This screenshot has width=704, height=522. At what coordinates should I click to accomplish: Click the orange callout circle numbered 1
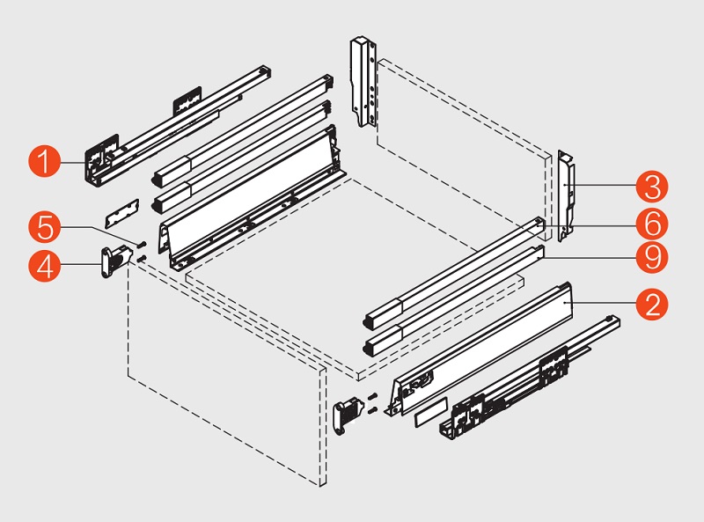pyautogui.click(x=45, y=162)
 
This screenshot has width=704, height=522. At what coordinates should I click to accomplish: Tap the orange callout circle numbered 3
pyautogui.click(x=652, y=187)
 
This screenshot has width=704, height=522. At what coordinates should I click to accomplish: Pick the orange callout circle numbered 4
pyautogui.click(x=45, y=266)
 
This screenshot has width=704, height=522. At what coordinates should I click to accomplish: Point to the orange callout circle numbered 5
pyautogui.click(x=45, y=227)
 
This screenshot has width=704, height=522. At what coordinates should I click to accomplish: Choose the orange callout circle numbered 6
pyautogui.click(x=652, y=224)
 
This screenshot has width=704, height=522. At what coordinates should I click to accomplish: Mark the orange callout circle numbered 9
pyautogui.click(x=652, y=257)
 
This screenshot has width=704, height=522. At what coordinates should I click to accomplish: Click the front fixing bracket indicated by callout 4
pyautogui.click(x=115, y=261)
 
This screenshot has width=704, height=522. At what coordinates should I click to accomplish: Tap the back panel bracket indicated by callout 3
pyautogui.click(x=566, y=196)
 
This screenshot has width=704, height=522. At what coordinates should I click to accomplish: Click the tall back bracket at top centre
pyautogui.click(x=363, y=81)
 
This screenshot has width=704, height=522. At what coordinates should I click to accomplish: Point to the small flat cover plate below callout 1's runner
pyautogui.click(x=122, y=213)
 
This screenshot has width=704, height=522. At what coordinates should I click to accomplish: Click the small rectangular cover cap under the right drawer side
pyautogui.click(x=430, y=411)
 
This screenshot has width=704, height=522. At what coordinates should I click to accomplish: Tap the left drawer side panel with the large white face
pyautogui.click(x=252, y=198)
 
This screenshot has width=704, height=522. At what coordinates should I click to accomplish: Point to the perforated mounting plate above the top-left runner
pyautogui.click(x=187, y=100)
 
